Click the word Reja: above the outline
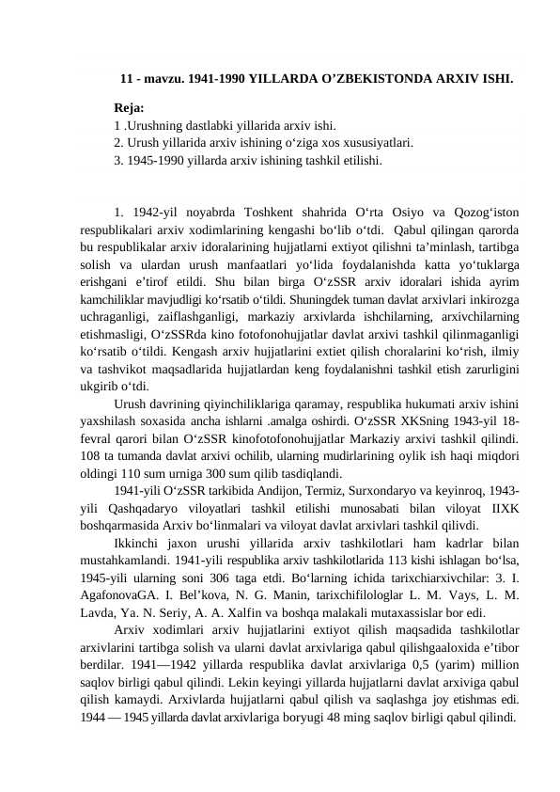click(x=129, y=108)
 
